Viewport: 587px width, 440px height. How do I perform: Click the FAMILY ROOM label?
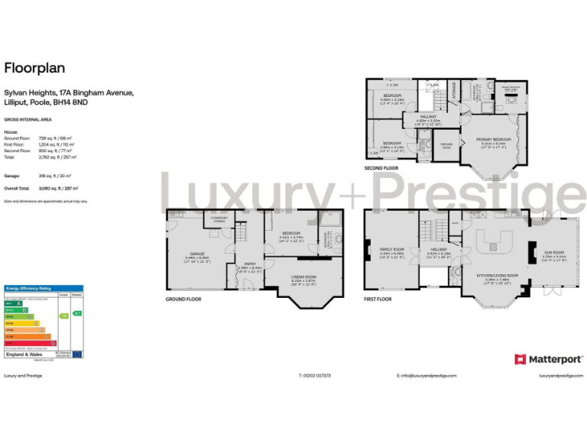tap(391, 249)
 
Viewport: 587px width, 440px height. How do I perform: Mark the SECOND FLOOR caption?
tap(381, 167)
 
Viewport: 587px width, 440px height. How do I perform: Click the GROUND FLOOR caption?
tap(183, 299)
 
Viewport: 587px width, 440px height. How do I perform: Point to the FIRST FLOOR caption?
tap(378, 299)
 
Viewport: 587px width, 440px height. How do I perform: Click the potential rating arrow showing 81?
tap(77, 314)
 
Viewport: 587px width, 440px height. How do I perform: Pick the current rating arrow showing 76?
tap(64, 315)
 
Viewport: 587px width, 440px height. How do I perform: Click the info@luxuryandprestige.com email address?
tap(426, 376)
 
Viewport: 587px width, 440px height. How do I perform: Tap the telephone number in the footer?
tap(314, 376)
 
